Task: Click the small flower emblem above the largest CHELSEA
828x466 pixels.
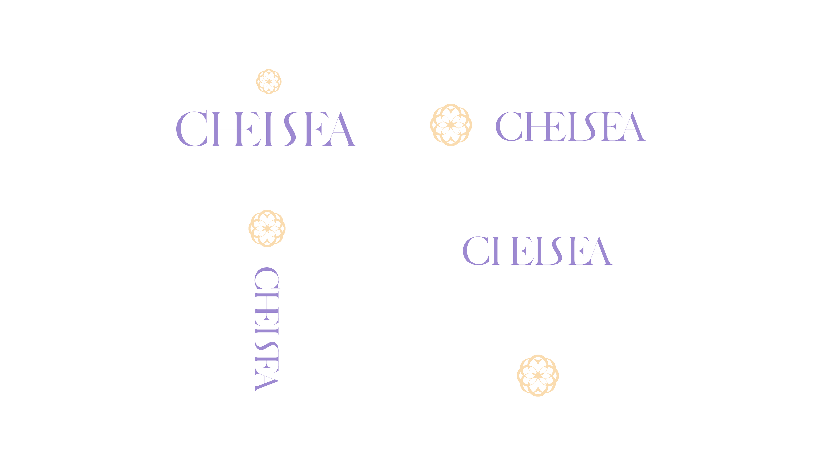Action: point(269,81)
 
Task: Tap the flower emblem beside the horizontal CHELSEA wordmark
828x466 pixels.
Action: point(450,125)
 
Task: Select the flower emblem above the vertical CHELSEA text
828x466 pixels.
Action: point(267,228)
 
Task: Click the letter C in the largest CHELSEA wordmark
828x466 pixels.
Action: point(189,130)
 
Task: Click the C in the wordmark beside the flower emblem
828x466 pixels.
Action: point(507,126)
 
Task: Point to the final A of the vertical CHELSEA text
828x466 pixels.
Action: point(265,381)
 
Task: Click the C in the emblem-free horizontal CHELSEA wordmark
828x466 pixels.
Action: point(474,251)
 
